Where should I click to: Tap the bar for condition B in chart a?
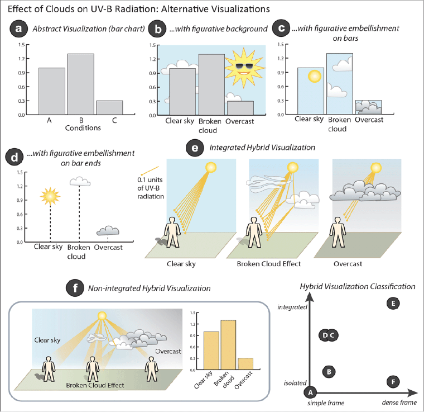[81, 84]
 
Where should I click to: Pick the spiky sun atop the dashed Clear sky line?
[49, 196]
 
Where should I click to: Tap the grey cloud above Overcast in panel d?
[108, 231]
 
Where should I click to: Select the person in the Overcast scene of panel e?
[338, 233]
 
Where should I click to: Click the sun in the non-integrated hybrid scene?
[102, 316]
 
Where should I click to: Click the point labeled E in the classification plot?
[393, 304]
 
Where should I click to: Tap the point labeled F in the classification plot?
[393, 382]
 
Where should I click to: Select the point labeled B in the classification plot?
[329, 371]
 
